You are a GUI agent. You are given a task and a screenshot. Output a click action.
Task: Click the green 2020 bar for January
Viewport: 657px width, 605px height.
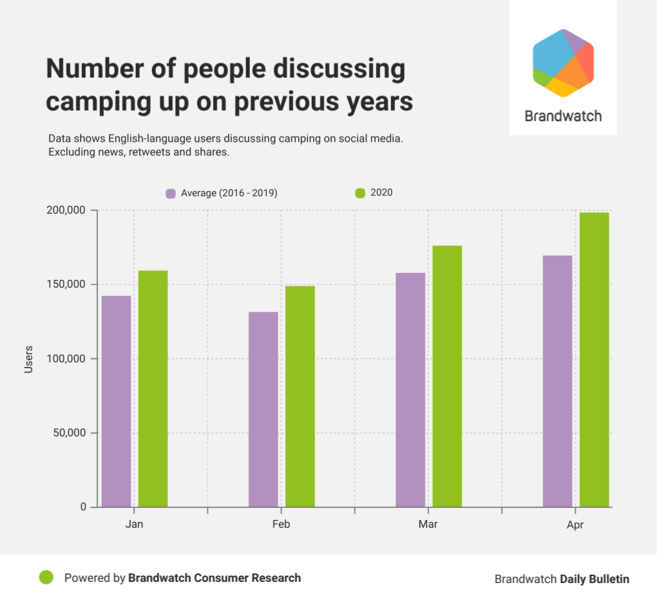point(153,389)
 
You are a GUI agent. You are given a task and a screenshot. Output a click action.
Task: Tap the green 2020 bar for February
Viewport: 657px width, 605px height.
point(300,396)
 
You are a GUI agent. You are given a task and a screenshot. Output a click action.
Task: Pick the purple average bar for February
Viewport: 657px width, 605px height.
point(263,409)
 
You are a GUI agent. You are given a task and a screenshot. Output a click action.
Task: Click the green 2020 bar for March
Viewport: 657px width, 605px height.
point(447,377)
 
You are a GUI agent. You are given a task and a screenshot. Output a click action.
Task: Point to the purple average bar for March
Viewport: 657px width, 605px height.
point(410,390)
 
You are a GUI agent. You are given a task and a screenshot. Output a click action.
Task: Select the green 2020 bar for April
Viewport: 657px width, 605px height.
point(594,360)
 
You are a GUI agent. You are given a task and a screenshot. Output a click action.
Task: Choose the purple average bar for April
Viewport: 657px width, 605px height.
point(558,381)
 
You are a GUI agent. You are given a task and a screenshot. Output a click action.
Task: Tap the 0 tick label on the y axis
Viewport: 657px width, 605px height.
point(83,507)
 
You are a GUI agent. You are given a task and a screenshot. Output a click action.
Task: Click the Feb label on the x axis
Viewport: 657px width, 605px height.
point(281,524)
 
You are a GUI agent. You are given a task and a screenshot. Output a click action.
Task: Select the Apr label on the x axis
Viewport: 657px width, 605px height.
point(575,525)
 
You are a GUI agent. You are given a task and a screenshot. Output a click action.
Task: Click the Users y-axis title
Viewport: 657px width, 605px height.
point(28,359)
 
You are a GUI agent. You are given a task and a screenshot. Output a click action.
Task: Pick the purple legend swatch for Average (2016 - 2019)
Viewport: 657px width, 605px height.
point(171,193)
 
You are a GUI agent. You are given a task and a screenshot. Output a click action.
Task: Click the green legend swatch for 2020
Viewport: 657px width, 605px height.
point(360,192)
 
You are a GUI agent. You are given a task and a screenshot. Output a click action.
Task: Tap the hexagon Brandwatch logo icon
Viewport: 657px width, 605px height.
point(563,62)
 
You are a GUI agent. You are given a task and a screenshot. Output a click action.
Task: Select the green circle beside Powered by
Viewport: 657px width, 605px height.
point(46,577)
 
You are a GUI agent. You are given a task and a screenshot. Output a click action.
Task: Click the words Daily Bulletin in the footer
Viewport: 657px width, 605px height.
point(595,579)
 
